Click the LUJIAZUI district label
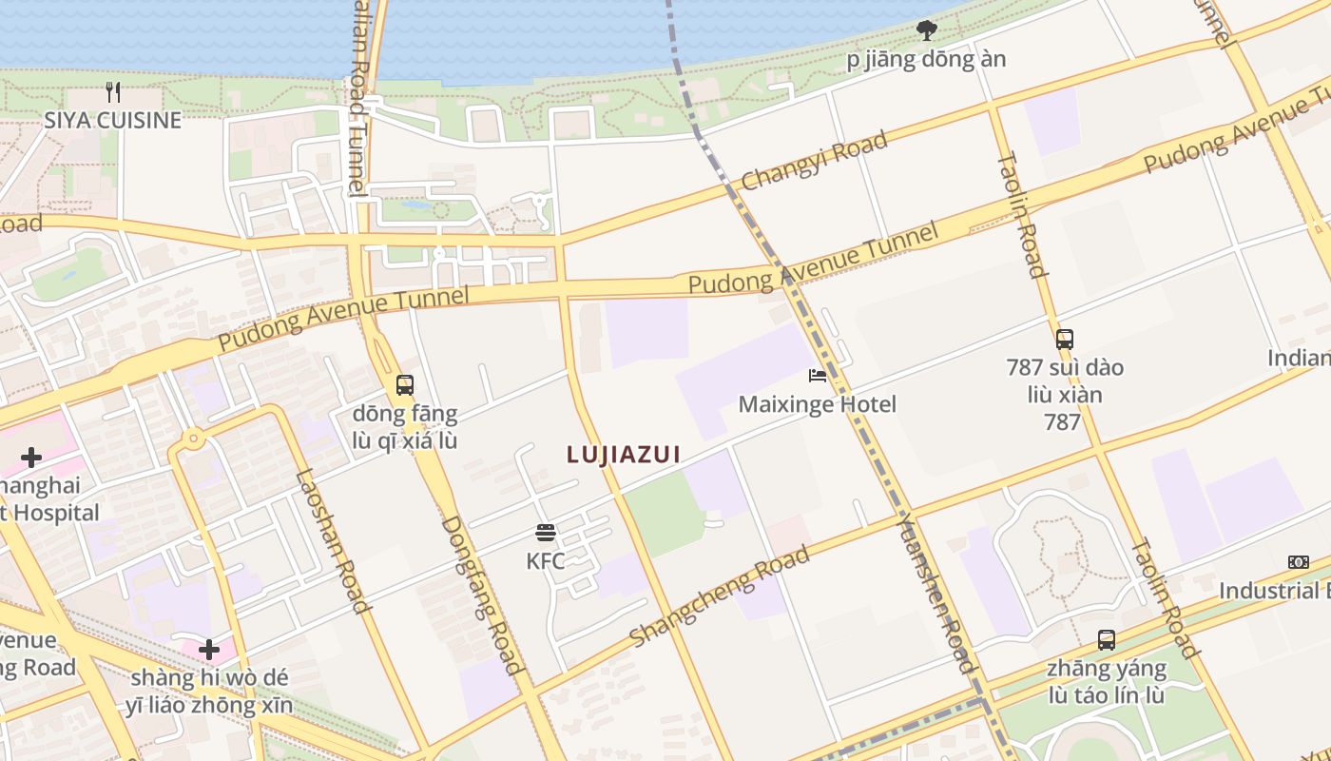point(624,455)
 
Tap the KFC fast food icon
point(546,532)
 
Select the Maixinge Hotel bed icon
point(818,376)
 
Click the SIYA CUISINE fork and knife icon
point(113,92)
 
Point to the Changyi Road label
point(814,160)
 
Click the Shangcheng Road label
point(719,595)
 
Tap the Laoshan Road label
point(331,542)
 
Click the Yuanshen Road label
point(936,593)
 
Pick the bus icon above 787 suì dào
point(1065,339)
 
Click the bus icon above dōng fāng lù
point(405,385)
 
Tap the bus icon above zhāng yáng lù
point(1107,639)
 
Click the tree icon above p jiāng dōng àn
point(926,30)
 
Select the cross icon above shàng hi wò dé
point(209,651)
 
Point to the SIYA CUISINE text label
point(112,121)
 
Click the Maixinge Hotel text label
point(818,404)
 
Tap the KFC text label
point(546,561)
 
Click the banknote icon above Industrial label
point(1298,562)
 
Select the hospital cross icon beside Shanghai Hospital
point(31,458)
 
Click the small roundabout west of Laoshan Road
point(193,439)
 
